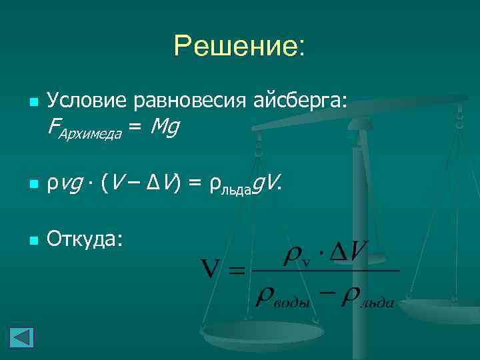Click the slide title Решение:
(x=239, y=47)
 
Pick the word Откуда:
(x=85, y=238)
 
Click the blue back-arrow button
(x=21, y=336)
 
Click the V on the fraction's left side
(x=211, y=271)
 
